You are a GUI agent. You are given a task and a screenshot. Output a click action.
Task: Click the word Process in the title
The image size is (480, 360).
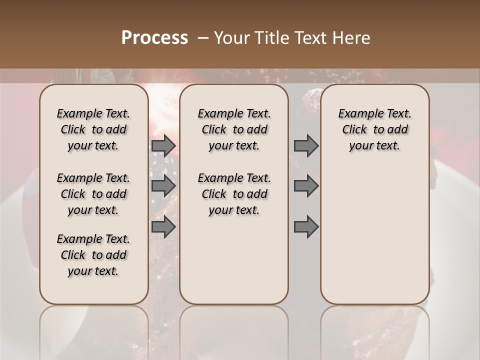tap(154, 38)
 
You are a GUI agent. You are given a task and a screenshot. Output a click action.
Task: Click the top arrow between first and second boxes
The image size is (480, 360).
tap(163, 146)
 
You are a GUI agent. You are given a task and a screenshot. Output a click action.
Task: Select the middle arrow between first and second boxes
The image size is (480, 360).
tap(163, 186)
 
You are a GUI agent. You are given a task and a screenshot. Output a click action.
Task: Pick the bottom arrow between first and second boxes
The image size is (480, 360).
tap(163, 227)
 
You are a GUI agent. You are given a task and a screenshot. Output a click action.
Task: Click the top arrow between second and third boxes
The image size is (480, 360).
tap(306, 146)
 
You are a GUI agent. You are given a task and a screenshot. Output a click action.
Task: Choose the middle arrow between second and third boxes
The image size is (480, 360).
tap(306, 186)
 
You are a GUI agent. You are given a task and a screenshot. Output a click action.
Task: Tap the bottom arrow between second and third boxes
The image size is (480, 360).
tap(306, 227)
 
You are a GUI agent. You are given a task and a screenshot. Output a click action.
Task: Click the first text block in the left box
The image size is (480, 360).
tap(93, 129)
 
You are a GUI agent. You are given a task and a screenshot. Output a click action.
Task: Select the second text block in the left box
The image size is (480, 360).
tap(93, 194)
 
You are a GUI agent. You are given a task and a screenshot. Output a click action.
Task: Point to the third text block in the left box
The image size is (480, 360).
tap(93, 255)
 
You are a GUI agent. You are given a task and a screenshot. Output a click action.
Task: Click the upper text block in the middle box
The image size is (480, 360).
tap(234, 129)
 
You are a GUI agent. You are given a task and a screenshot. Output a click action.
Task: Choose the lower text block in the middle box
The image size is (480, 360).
tap(234, 194)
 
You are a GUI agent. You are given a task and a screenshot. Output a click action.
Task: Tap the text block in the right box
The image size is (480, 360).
tap(375, 129)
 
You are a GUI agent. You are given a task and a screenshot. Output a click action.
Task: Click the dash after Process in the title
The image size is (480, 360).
tap(203, 38)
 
